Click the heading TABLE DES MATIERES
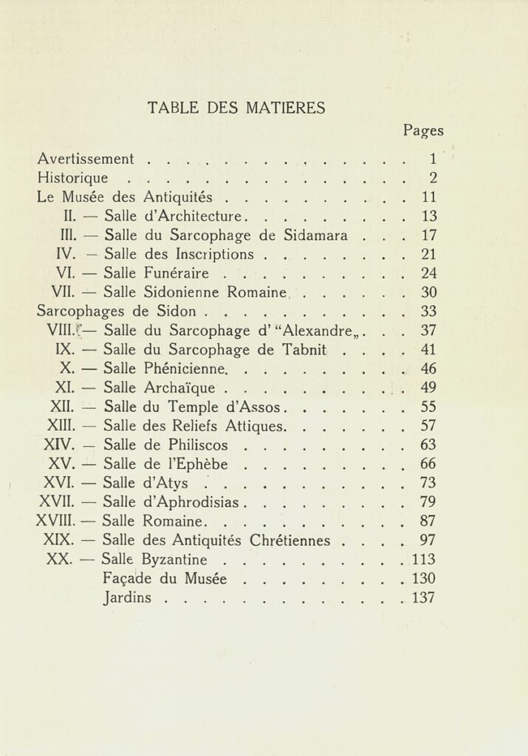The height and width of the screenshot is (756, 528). point(236,108)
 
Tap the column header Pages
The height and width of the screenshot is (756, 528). point(422,131)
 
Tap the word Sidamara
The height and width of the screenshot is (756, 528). point(316,236)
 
